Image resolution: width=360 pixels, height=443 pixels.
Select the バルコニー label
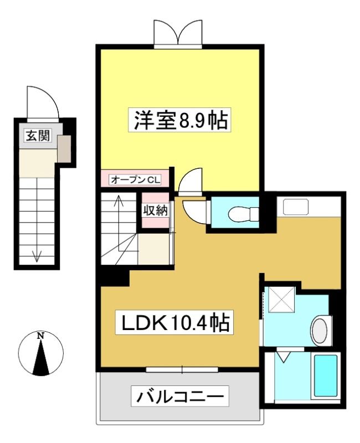(x=179, y=396)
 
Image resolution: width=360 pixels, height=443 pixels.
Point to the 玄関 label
(x=38, y=136)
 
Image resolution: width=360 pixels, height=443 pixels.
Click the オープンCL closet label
(x=135, y=179)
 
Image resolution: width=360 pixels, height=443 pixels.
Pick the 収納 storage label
(x=155, y=210)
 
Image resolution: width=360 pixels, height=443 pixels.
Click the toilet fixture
(x=243, y=214)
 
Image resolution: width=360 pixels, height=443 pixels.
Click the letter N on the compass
(x=41, y=336)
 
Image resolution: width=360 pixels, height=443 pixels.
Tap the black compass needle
(x=41, y=358)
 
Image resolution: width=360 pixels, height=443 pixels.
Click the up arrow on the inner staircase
(x=119, y=223)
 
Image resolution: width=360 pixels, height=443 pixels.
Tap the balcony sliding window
(x=182, y=369)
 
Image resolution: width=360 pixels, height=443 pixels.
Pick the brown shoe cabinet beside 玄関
(x=64, y=148)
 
